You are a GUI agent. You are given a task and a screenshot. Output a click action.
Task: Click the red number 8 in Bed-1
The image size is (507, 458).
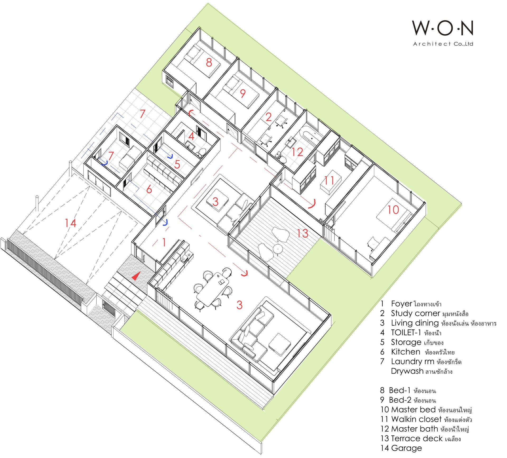[209, 63]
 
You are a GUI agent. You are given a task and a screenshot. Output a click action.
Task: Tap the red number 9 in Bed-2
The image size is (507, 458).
[243, 93]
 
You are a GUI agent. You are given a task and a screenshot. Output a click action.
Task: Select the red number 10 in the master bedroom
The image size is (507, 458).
[393, 210]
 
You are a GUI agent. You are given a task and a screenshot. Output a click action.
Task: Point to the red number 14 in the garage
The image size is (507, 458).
[71, 223]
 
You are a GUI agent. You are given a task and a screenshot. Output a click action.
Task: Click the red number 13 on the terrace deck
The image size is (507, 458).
[302, 233]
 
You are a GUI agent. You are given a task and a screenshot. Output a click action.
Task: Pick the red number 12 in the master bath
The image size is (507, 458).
[297, 152]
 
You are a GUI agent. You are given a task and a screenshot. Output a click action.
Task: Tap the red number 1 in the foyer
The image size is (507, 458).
[164, 242]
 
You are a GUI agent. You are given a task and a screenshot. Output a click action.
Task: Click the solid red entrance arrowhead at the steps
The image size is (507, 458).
[136, 276]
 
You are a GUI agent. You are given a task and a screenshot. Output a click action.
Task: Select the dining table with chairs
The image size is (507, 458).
[213, 289]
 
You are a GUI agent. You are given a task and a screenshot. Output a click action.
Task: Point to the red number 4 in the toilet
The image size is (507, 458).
[191, 136]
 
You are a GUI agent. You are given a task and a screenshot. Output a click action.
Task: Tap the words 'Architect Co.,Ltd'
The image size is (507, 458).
[443, 44]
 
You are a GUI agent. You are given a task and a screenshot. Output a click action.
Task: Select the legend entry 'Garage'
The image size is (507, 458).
[406, 448]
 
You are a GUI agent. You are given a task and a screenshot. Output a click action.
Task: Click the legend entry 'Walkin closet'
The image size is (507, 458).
[416, 419]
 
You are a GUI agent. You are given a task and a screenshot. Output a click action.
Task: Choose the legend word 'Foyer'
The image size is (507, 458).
[401, 304]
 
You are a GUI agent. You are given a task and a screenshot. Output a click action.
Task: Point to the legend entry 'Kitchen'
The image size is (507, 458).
[406, 352]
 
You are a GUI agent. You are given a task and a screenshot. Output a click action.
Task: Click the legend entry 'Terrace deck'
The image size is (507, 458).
[417, 438]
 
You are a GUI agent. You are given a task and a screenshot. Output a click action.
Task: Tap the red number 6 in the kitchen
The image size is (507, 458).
[149, 189]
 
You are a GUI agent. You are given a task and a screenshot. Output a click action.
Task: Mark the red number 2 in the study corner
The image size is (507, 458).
[269, 117]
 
